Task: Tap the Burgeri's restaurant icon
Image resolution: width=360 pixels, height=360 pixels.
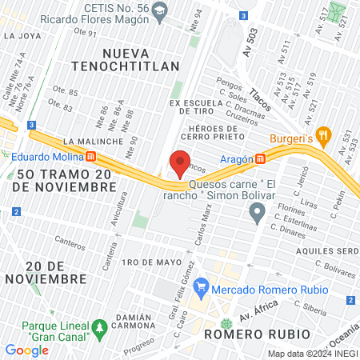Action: tap(323, 135)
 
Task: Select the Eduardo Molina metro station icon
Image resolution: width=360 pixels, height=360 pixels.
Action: tap(92, 156)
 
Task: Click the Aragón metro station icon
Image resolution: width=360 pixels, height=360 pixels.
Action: tap(261, 158)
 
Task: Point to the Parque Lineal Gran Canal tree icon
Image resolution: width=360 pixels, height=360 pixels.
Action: tap(99, 327)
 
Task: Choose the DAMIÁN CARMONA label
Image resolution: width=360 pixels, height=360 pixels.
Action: tap(124, 318)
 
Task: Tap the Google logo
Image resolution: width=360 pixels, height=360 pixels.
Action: tap(27, 350)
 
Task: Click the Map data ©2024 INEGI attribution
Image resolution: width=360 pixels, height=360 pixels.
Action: tap(312, 354)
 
